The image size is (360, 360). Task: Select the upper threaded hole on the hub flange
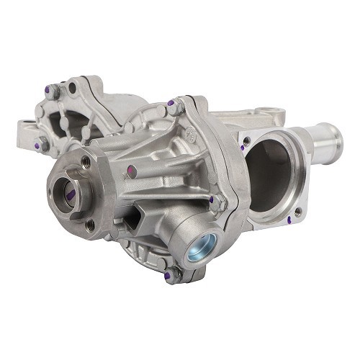86,161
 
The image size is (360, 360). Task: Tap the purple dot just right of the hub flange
131,171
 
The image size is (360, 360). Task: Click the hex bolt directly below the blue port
172,274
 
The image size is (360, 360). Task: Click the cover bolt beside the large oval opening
222,204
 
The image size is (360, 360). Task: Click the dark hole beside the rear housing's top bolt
71,89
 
